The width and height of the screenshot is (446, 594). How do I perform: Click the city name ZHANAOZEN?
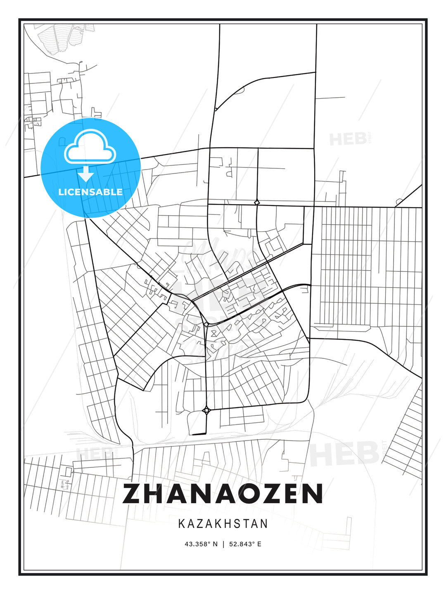(x=223, y=493)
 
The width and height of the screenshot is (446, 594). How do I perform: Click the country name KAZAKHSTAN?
(x=223, y=524)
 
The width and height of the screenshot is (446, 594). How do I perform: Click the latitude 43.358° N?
(x=201, y=544)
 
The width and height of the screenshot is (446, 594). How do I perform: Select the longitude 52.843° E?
(x=245, y=544)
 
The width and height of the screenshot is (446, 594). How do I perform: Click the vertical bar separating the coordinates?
(x=223, y=544)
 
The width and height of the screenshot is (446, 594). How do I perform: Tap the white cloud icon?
(x=90, y=146)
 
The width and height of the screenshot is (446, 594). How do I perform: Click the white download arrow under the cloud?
(x=86, y=174)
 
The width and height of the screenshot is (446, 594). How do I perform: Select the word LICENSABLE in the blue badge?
(x=90, y=192)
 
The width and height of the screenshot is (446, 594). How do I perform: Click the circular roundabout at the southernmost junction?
(x=206, y=410)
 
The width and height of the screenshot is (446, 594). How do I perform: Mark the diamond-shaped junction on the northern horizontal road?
(x=257, y=203)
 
